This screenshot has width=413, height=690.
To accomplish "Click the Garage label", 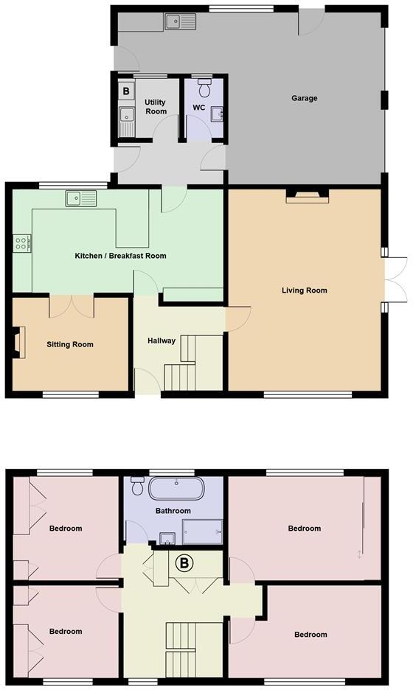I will click(x=304, y=98).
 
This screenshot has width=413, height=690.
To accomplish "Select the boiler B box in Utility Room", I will click(x=126, y=91).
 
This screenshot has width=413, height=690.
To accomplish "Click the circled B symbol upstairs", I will click(x=184, y=564).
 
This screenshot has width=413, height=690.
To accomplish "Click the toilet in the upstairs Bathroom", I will click(x=137, y=487).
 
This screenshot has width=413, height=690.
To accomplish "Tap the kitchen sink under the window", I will click(x=80, y=198).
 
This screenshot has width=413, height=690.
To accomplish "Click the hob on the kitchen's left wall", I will click(x=21, y=243).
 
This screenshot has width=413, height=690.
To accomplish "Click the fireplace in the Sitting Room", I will click(x=19, y=343).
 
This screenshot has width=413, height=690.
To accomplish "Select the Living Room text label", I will click(x=304, y=290).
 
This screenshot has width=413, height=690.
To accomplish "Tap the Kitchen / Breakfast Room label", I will click(x=120, y=257).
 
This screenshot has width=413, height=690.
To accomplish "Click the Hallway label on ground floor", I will click(x=161, y=341).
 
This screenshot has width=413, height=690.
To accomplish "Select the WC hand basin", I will click(x=218, y=114).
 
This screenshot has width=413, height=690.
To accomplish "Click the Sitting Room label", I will click(x=70, y=344).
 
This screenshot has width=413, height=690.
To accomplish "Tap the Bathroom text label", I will click(x=173, y=511).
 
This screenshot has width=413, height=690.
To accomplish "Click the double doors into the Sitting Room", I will click(x=72, y=305).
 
